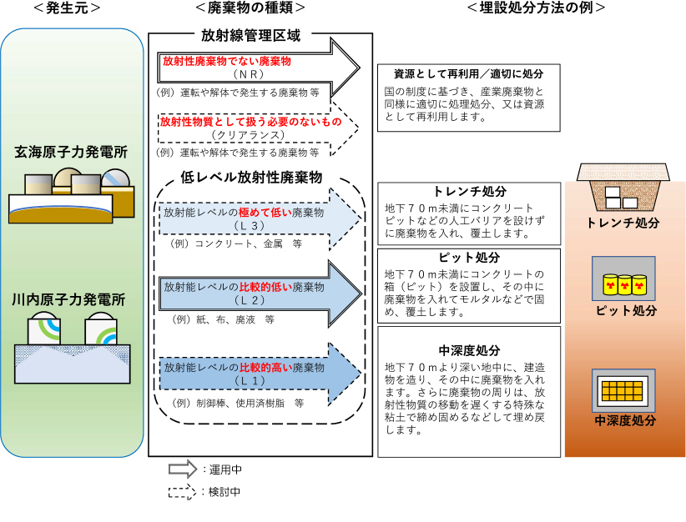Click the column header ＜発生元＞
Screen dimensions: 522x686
coord(68,8)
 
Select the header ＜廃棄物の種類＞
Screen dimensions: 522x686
coord(250,8)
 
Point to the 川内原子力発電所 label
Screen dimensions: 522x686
coord(71,299)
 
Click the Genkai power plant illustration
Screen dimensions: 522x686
coord(71,195)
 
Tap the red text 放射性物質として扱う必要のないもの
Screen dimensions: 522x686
coord(250,122)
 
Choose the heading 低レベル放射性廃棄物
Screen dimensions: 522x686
coord(251,177)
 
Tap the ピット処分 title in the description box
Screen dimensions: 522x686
coord(468,257)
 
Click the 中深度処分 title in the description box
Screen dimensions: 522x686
coord(468,349)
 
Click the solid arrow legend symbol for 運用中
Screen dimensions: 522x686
coord(181,469)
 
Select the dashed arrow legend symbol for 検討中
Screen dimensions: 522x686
coord(181,491)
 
